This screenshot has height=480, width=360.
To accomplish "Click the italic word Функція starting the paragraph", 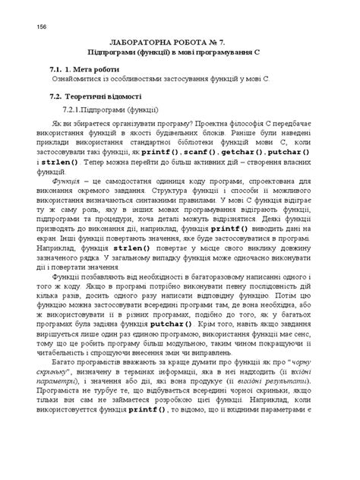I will tap(64, 183).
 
